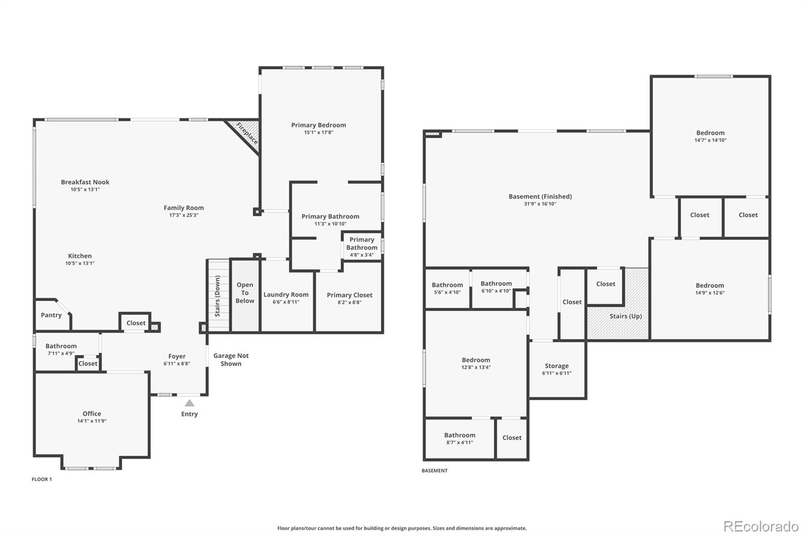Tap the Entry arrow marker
(189, 403)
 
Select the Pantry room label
(51, 315)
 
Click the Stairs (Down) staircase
(218, 296)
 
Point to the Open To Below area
(245, 293)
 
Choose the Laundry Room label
(286, 295)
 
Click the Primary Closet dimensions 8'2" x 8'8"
(349, 303)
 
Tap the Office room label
(92, 413)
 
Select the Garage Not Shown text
(231, 360)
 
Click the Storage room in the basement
(557, 369)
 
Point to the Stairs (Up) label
(626, 316)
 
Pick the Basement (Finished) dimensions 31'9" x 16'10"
(540, 204)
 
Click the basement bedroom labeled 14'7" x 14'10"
(711, 136)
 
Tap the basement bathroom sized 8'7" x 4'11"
(459, 438)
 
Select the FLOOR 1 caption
(42, 479)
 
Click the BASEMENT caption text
(434, 471)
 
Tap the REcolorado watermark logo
(761, 526)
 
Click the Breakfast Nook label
(85, 182)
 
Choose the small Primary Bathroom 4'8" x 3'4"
(362, 247)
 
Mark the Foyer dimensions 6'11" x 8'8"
(177, 364)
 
